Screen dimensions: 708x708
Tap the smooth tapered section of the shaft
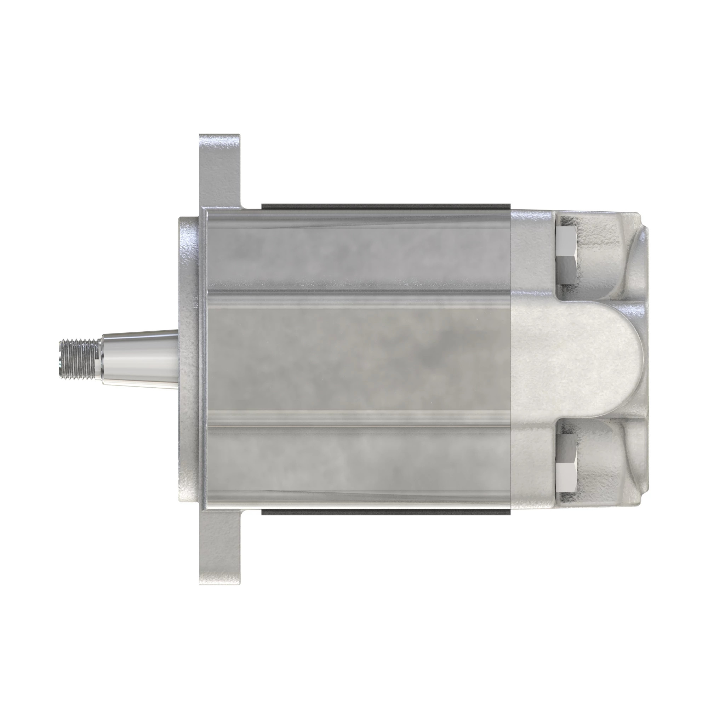click(139, 354)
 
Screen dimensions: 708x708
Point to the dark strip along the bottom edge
click(385, 503)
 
